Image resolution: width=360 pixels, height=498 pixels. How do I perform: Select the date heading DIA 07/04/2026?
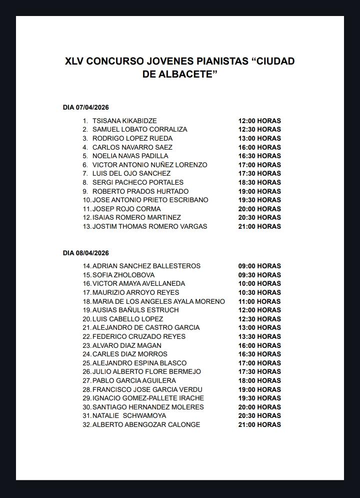86,108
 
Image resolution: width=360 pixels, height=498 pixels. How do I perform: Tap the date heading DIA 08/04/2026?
86,253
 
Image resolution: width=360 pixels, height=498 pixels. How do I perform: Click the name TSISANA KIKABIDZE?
124,121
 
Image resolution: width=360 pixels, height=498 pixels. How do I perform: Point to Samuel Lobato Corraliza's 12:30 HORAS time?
259,130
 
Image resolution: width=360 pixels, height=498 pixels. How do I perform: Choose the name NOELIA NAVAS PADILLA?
130,156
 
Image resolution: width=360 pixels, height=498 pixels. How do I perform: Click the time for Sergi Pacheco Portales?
259,183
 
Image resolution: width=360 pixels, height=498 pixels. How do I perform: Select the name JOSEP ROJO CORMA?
126,209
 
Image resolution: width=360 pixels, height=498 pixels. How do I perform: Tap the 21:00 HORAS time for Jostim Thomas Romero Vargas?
259,227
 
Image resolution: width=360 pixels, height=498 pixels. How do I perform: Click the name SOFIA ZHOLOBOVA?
123,275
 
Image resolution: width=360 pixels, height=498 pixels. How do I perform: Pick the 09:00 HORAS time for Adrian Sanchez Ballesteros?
259,266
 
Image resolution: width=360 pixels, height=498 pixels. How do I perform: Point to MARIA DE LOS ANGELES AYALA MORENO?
158,302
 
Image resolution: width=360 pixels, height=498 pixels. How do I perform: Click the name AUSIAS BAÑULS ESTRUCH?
135,310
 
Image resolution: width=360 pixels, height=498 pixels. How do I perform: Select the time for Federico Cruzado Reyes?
259,337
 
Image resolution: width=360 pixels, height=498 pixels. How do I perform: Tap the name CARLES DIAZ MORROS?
130,354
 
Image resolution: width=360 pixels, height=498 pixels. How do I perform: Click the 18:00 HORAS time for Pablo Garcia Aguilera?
259,381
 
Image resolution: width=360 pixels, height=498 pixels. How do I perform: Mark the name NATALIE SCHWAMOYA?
129,416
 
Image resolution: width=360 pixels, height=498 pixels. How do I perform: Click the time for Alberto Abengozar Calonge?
259,425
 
